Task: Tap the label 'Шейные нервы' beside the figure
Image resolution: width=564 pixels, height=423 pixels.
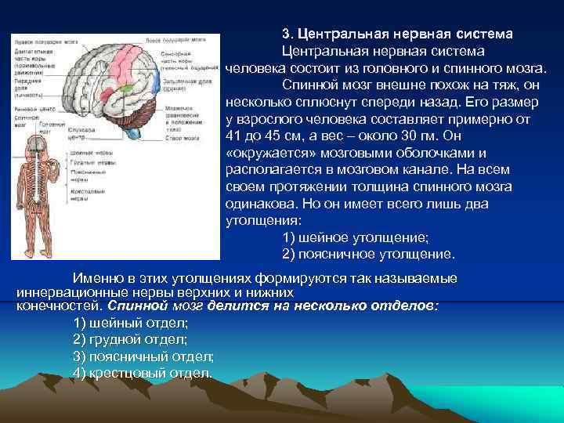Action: [x=88, y=153]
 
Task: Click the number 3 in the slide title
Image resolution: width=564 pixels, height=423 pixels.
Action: [x=286, y=34]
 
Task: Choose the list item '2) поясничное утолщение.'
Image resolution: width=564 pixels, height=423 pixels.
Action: [x=367, y=254]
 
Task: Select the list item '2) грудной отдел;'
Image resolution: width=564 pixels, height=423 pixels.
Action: [x=130, y=339]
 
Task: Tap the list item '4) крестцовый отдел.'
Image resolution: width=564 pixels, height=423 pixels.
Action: [x=142, y=372]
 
